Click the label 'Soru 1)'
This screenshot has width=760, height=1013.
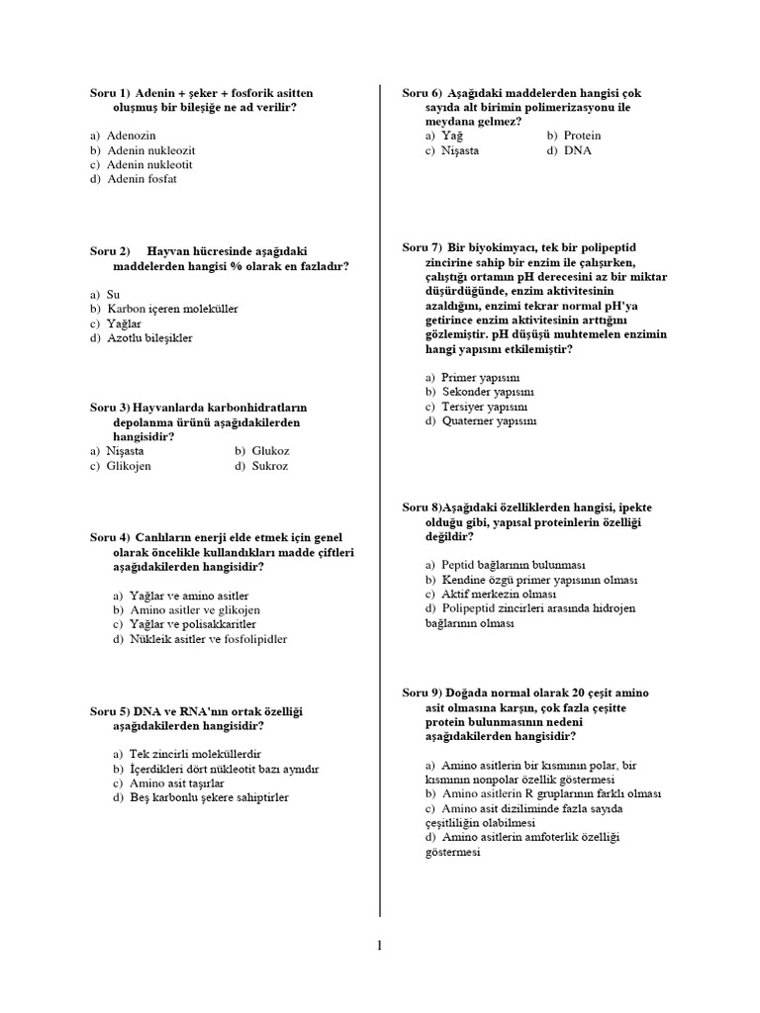pos(110,92)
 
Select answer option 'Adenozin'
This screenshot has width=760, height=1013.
pos(131,135)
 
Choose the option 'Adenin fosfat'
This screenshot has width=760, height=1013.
pos(142,179)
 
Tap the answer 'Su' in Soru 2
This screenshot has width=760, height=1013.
pos(113,294)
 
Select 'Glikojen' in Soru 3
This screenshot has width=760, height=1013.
pos(129,466)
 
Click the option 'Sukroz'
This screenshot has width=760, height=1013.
pos(269,466)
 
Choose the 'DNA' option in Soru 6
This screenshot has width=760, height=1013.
pos(578,150)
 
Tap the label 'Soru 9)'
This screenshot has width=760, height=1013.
pos(422,691)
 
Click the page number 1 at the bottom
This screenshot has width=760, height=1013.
pos(379,946)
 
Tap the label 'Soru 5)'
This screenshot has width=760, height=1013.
pos(110,711)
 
